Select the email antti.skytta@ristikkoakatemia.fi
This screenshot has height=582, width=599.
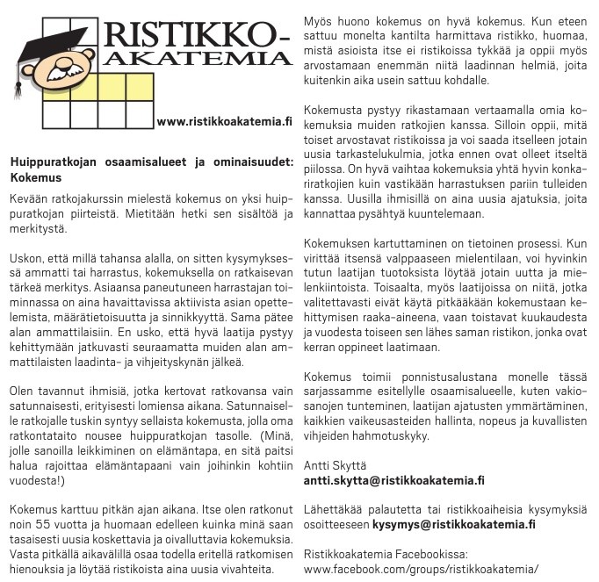pyautogui.click(x=393, y=480)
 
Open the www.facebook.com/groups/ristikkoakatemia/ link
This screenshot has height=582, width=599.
pyautogui.click(x=420, y=569)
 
